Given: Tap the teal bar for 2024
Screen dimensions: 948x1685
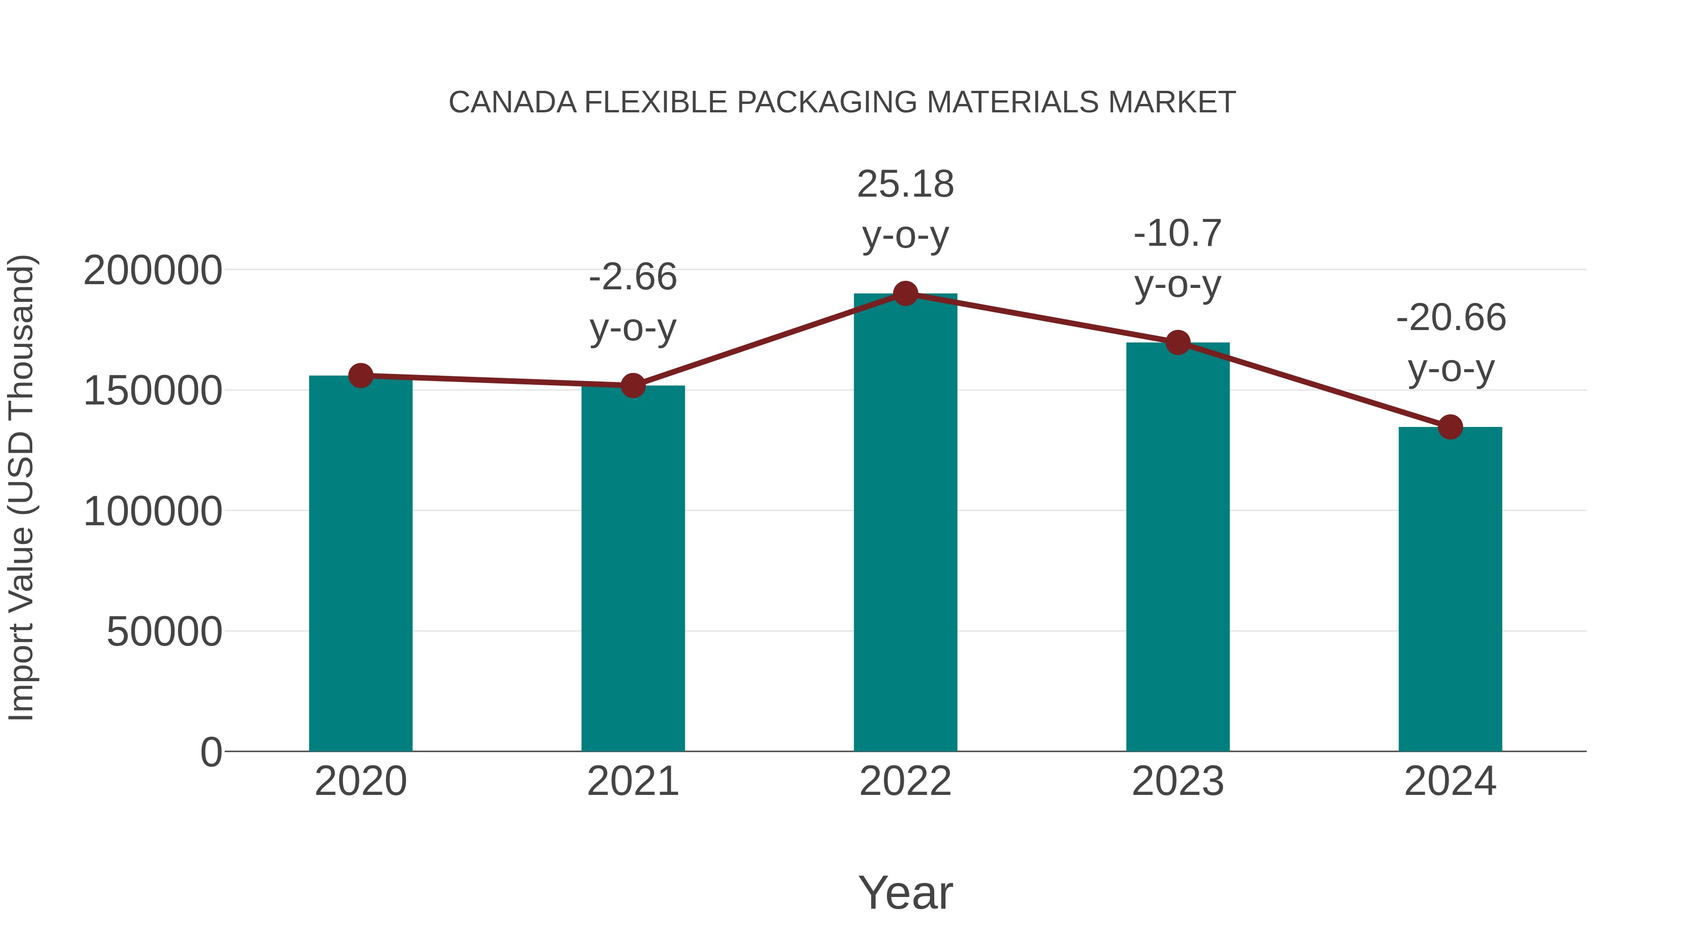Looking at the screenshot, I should pyautogui.click(x=1450, y=589).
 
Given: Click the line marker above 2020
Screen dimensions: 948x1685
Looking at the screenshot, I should pyautogui.click(x=360, y=375).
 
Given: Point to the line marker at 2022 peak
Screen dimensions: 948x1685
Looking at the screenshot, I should pyautogui.click(x=905, y=294).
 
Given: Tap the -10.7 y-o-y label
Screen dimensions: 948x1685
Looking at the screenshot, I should pyautogui.click(x=1178, y=258).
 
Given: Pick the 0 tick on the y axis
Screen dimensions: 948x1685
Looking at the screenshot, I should pyautogui.click(x=211, y=752).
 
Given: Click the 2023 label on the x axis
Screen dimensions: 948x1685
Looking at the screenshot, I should pyautogui.click(x=1178, y=781).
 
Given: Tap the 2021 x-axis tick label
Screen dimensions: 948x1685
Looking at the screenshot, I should pyautogui.click(x=632, y=781).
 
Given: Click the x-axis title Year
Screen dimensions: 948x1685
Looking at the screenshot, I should pyautogui.click(x=905, y=892).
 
